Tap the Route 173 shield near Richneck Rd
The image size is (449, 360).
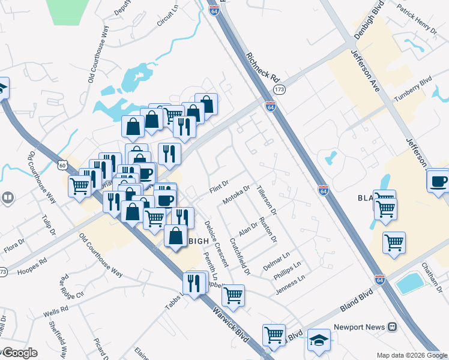tap(279, 89)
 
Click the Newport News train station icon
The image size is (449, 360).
tap(392, 327)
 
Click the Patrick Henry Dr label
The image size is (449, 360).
tap(416, 17)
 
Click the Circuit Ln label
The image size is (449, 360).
tap(169, 19)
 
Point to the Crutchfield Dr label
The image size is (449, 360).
tap(238, 253)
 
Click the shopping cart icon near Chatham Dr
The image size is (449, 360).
tap(394, 243)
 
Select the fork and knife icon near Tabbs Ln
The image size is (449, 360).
tap(193, 283)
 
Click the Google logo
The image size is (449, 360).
tap(19, 353)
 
